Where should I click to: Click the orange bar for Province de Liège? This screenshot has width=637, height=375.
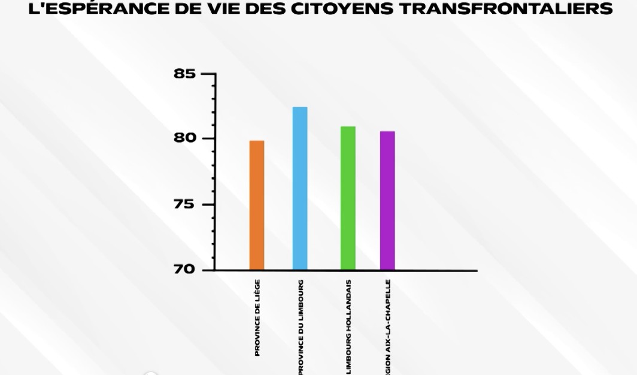[x=257, y=205]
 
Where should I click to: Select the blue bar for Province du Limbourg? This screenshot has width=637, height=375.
[x=300, y=188]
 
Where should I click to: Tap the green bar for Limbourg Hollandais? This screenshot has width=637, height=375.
[x=348, y=198]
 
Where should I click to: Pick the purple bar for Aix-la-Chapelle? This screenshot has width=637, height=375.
[x=387, y=200]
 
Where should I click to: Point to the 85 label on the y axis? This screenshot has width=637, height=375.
[x=184, y=74]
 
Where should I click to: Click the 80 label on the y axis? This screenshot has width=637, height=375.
[x=184, y=138]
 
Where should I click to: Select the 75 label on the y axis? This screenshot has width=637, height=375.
[x=184, y=204]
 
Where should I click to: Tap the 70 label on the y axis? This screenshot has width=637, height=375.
[x=184, y=270]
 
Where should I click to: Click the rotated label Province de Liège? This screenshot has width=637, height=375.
[x=257, y=317]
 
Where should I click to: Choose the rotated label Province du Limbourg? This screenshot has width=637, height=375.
[x=301, y=327]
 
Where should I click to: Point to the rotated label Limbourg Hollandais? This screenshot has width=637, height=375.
[x=348, y=327]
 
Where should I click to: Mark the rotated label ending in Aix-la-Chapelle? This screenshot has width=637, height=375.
[x=388, y=327]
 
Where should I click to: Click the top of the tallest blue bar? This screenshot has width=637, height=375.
[x=300, y=108]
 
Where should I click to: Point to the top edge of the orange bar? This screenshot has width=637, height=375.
[x=257, y=141]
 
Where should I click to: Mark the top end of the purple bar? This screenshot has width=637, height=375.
[x=387, y=132]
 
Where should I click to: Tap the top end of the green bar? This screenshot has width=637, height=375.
[x=348, y=127]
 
